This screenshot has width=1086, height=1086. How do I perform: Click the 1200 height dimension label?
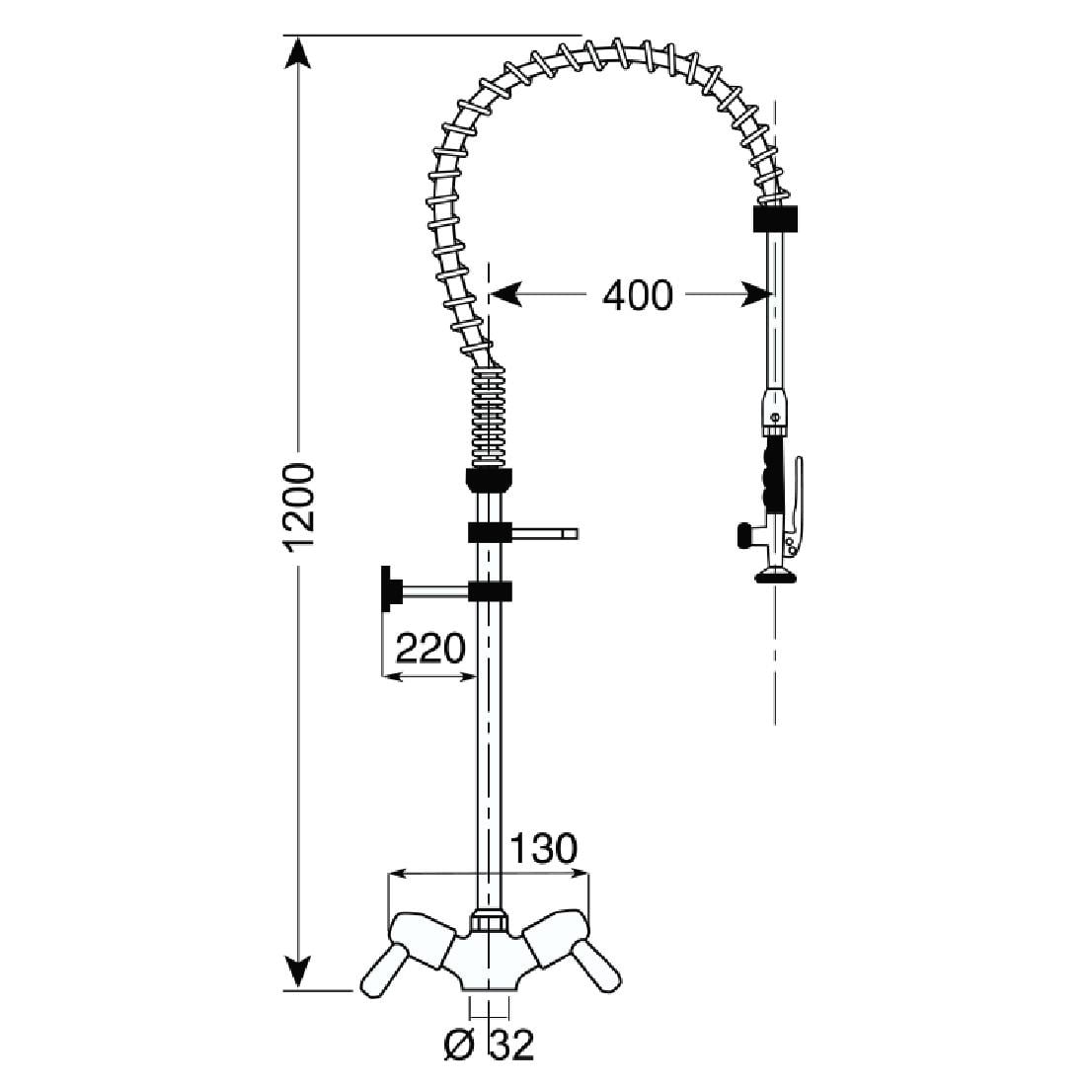(x=297, y=506)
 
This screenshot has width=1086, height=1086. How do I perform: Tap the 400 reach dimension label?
(x=637, y=294)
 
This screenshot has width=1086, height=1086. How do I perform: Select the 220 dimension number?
(x=429, y=649)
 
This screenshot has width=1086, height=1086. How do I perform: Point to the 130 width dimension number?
(x=542, y=848)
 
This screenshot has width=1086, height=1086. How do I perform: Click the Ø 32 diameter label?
(x=491, y=1045)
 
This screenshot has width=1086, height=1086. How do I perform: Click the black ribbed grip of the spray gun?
(x=770, y=477)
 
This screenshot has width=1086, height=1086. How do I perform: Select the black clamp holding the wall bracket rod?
(x=489, y=591)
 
